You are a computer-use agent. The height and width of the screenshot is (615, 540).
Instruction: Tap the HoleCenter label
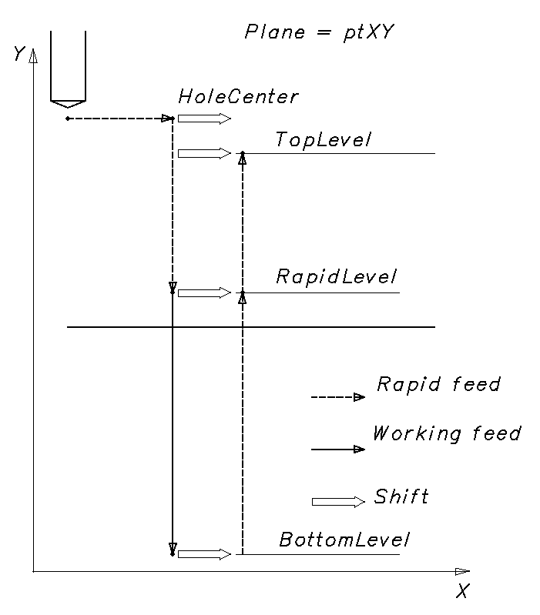click(237, 97)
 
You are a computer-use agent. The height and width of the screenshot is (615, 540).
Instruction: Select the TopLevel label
click(323, 140)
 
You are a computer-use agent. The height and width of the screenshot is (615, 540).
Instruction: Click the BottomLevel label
click(344, 540)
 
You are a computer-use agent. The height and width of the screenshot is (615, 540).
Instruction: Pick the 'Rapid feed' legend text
click(438, 384)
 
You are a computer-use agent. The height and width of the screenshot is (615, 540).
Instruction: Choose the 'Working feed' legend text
click(446, 433)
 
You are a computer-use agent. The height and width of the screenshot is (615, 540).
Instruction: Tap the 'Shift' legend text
click(401, 496)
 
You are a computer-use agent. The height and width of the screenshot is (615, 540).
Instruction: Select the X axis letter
click(461, 591)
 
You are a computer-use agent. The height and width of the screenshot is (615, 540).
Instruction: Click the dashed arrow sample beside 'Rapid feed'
click(337, 398)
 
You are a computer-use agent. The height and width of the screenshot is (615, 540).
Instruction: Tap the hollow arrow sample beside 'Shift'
click(338, 502)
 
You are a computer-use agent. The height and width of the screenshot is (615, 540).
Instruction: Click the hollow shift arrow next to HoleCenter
click(204, 119)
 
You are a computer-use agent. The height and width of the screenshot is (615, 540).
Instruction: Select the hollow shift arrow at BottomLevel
click(204, 554)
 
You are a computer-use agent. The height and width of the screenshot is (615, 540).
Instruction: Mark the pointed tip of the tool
click(67, 106)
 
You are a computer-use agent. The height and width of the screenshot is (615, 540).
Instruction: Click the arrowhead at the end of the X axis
click(461, 571)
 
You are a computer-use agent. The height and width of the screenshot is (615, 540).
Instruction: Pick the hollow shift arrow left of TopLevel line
click(204, 153)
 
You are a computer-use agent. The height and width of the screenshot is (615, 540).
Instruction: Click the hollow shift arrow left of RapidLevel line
click(204, 292)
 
